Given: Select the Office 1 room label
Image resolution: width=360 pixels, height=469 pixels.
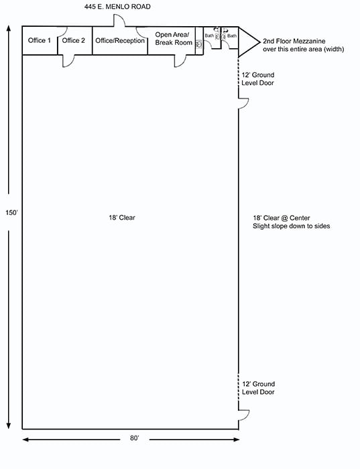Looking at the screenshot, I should point(39,41).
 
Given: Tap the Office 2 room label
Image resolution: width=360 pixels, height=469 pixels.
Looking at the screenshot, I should point(74,41).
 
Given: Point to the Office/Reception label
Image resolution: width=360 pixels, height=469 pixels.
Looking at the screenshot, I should point(120,41).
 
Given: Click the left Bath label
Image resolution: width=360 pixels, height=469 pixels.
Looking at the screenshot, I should point(209,36).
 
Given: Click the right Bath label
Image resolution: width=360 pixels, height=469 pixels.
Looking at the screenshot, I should point(232,36).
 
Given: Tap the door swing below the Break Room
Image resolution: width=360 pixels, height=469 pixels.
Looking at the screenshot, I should point(180,60).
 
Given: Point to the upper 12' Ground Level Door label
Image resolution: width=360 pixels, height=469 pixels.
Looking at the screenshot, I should point(258,79).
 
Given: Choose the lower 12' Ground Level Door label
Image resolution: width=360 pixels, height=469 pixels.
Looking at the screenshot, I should point(258,388).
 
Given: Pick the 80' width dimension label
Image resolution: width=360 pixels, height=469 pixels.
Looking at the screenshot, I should point(135,438).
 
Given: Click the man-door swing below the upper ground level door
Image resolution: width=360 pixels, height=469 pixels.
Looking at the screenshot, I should point(245,105).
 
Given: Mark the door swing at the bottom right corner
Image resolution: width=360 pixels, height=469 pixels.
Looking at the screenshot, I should point(245,415).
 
